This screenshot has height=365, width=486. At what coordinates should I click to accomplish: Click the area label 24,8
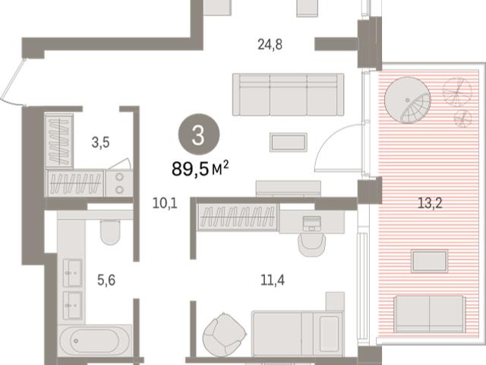(x=270, y=45)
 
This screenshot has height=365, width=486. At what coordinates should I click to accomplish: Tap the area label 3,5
(x=101, y=143)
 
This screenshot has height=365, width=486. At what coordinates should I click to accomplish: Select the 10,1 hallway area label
(x=165, y=204)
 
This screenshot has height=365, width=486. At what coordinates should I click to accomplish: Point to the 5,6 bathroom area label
(x=106, y=281)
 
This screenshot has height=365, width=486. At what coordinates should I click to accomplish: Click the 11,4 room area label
(x=273, y=281)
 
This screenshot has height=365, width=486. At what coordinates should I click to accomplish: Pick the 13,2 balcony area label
(x=430, y=203)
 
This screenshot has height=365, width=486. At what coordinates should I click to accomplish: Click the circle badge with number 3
(x=198, y=135)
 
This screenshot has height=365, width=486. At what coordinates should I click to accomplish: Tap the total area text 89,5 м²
(x=200, y=169)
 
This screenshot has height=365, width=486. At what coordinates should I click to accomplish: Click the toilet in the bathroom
(x=110, y=232)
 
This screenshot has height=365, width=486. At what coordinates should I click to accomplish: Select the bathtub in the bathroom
(x=95, y=341)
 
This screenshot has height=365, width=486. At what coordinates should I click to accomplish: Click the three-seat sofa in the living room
(x=289, y=94)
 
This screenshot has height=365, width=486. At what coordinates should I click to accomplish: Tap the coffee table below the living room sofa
(x=289, y=142)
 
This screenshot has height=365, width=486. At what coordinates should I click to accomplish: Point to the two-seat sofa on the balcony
(x=430, y=315)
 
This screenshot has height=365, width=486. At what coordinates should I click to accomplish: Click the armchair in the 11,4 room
(x=225, y=334)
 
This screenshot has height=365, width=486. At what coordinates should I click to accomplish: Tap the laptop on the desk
(x=312, y=224)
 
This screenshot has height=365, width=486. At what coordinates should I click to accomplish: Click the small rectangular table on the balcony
(x=429, y=262)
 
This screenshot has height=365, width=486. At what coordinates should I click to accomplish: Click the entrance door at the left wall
(x=12, y=81)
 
